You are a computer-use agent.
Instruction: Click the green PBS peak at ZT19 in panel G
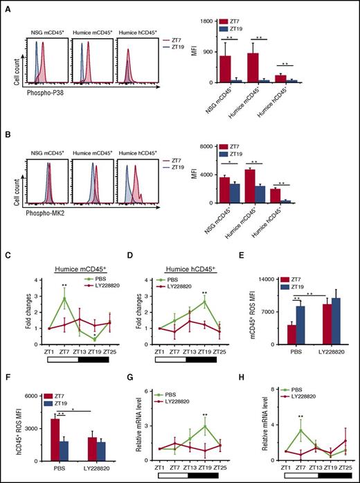(205, 426)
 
